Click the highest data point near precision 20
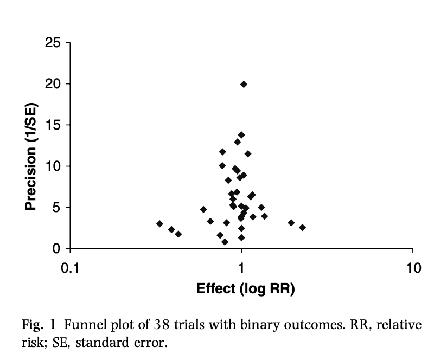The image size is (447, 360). click(x=244, y=84)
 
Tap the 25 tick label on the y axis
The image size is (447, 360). click(x=53, y=42)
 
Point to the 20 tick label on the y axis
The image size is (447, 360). click(x=53, y=83)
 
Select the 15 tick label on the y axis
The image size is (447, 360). click(x=53, y=125)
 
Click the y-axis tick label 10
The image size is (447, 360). click(x=53, y=166)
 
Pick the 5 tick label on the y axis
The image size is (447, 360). click(x=57, y=207)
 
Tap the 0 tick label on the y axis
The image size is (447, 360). click(x=57, y=249)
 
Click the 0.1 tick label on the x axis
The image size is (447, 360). click(x=69, y=267)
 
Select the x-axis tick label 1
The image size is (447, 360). click(x=241, y=267)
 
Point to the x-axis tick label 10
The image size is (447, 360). click(x=413, y=267)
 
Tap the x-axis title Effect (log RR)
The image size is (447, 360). click(x=246, y=288)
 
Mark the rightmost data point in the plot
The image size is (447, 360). click(x=302, y=227)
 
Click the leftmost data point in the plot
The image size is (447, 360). click(x=159, y=223)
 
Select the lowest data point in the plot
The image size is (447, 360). click(x=225, y=242)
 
